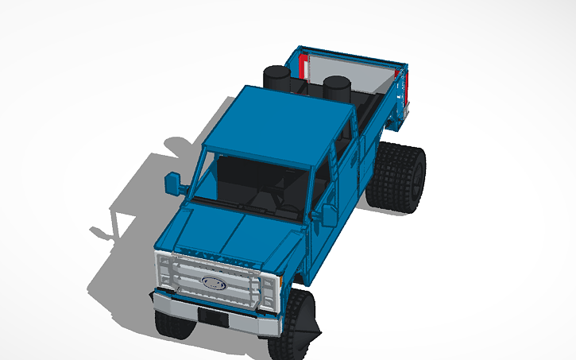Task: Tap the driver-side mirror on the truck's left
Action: click(173, 183)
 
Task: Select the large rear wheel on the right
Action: click(400, 177)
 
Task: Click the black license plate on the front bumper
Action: click(211, 316)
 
